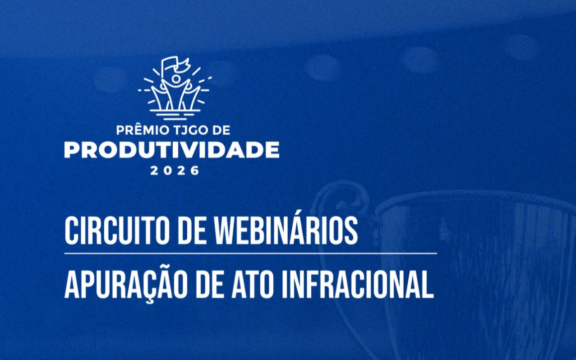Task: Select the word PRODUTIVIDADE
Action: [172, 150]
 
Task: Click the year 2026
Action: [175, 171]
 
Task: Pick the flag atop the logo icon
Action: [175, 65]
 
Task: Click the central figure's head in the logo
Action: [176, 78]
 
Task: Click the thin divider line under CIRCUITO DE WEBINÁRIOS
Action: [251, 254]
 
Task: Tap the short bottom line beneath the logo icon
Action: [175, 119]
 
